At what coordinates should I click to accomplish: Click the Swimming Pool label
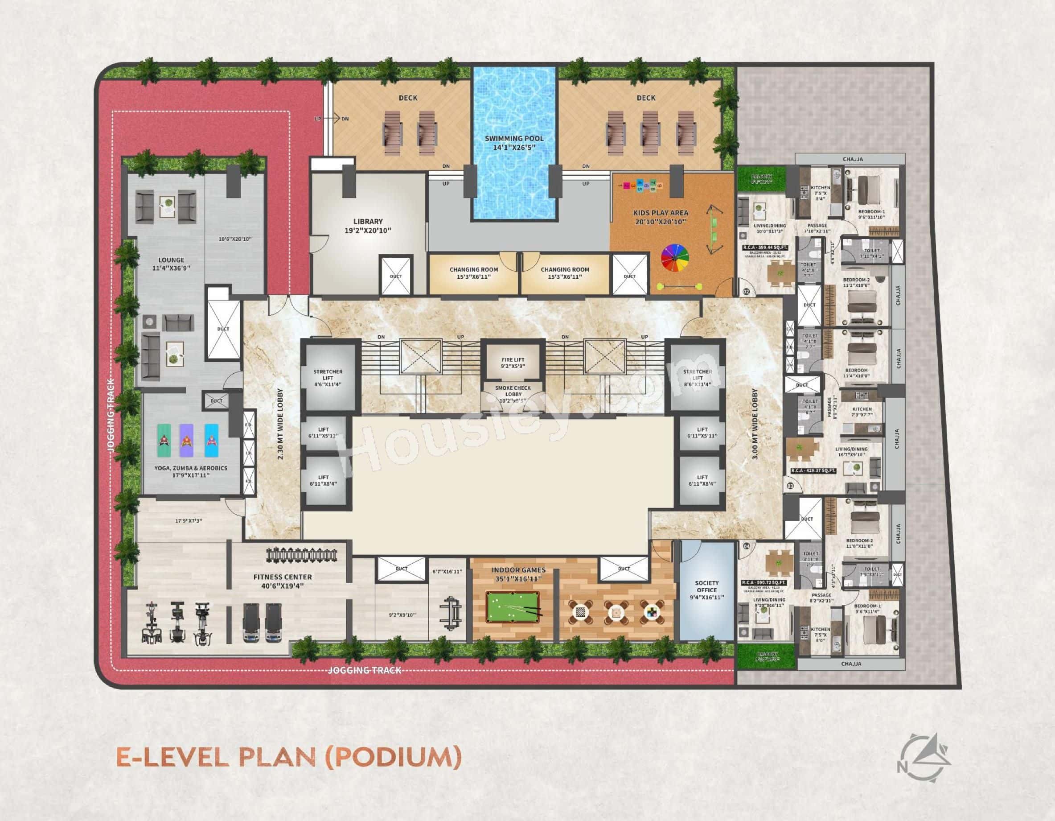pos(514,142)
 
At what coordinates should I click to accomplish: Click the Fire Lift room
pos(513,363)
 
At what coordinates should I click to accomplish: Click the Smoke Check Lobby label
pos(513,394)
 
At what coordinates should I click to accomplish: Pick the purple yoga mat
pos(186,440)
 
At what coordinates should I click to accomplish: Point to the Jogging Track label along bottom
pos(365,670)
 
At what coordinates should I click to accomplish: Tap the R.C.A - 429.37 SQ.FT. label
pos(813,470)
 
